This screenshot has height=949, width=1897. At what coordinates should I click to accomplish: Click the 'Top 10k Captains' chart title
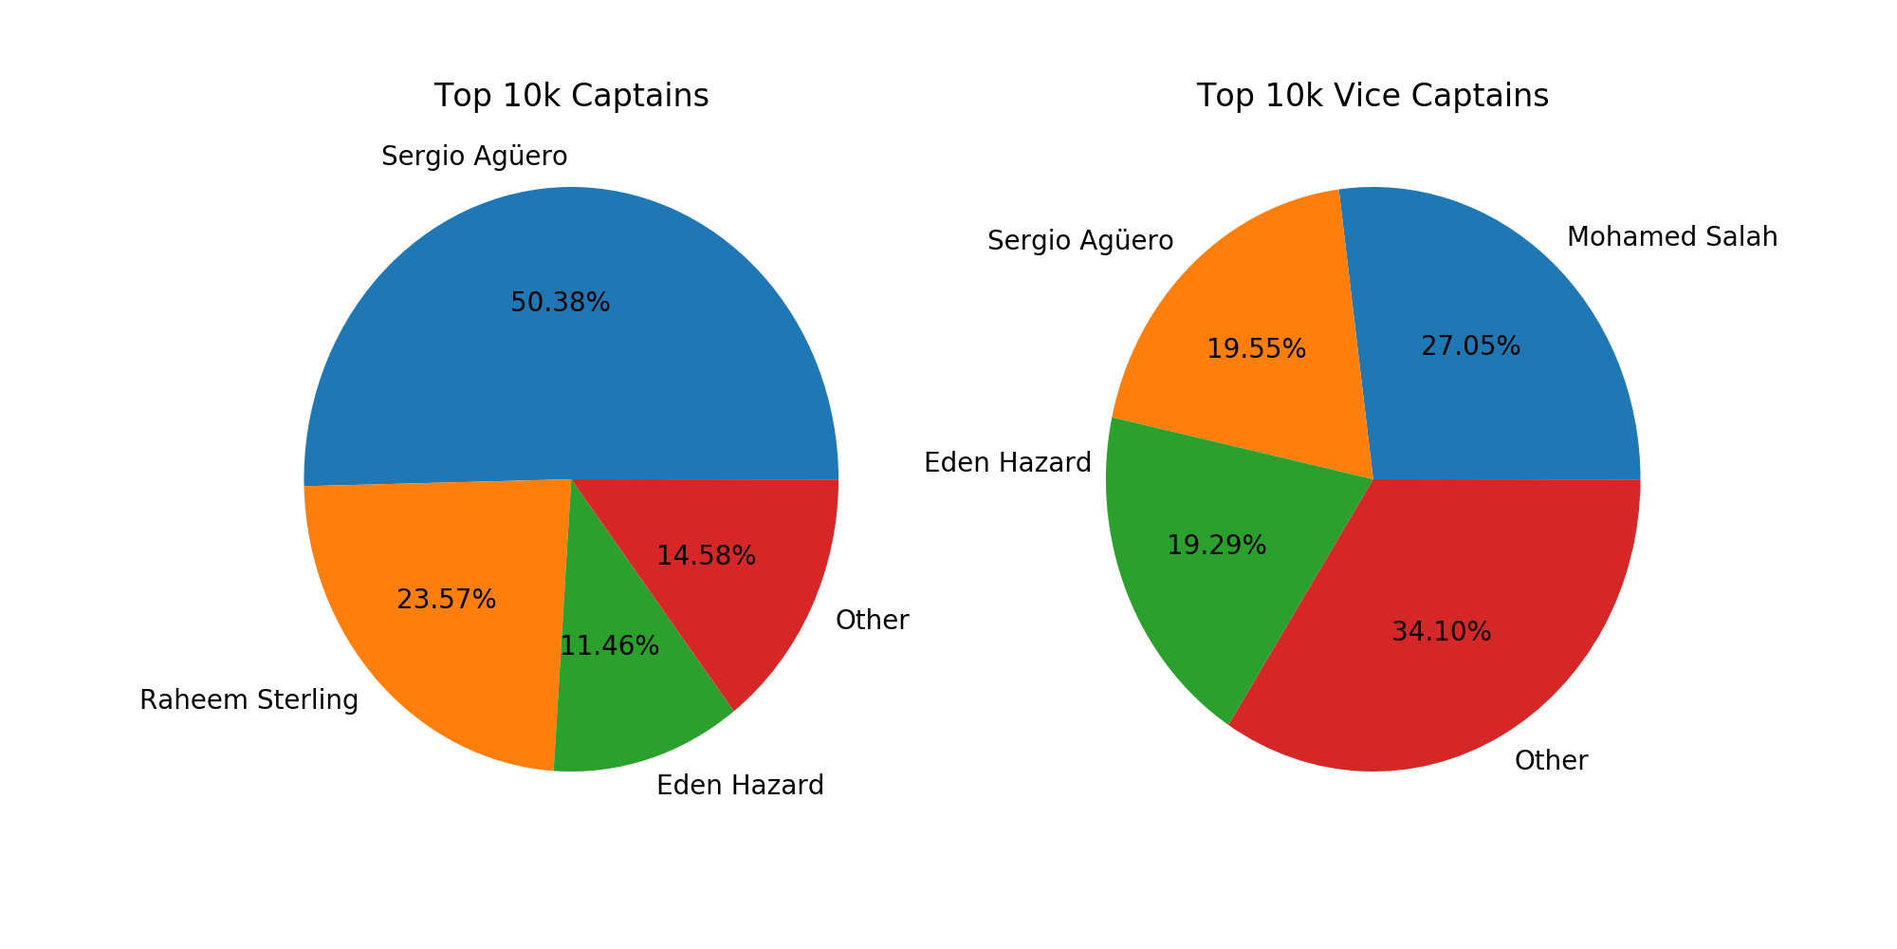(571, 96)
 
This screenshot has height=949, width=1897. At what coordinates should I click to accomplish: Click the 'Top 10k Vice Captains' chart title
(1372, 96)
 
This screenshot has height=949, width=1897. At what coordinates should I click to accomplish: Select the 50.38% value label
(560, 303)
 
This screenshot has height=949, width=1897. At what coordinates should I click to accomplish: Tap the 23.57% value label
(446, 600)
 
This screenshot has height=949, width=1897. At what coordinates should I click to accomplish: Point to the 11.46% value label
(609, 646)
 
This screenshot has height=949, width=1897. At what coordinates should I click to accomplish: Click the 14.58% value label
(706, 556)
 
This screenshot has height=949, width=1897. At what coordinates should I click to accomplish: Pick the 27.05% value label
(1470, 346)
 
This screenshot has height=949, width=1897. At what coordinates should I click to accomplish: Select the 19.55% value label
(1256, 349)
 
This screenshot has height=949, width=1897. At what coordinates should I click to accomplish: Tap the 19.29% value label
(1216, 546)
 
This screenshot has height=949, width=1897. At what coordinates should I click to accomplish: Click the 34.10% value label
(1441, 632)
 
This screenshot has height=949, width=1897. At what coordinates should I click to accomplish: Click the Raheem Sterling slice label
(249, 700)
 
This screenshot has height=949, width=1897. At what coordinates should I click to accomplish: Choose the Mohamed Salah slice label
(1671, 237)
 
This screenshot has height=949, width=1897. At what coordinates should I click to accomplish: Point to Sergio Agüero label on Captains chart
(474, 156)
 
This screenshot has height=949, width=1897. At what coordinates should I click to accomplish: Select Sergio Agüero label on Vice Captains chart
(1080, 241)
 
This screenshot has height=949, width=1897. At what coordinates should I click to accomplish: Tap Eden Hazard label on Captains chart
(740, 786)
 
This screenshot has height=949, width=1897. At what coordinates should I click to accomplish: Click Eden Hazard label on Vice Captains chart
(1007, 463)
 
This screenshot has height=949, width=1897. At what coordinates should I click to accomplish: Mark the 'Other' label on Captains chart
(872, 621)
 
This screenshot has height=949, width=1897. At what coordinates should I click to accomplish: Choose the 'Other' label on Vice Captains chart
(1551, 761)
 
